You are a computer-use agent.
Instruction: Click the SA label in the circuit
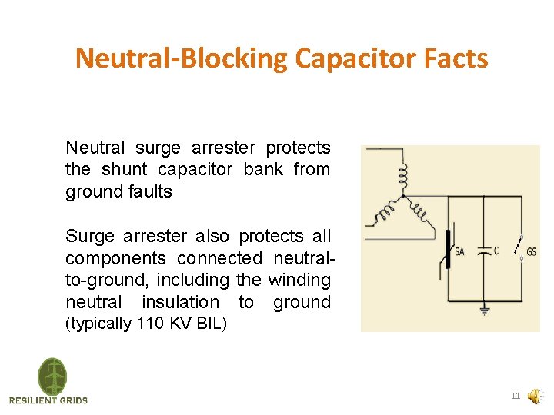459,252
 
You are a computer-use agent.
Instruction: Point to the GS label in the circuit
532,252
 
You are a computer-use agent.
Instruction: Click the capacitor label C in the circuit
496,251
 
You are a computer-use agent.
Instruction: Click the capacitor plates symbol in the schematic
483,251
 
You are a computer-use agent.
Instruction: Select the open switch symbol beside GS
520,247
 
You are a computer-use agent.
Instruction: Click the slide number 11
515,397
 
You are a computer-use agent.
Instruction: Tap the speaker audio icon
534,397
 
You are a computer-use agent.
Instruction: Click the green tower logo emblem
52,377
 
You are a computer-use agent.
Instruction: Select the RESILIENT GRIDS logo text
48,400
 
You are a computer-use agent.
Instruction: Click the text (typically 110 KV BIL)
146,324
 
